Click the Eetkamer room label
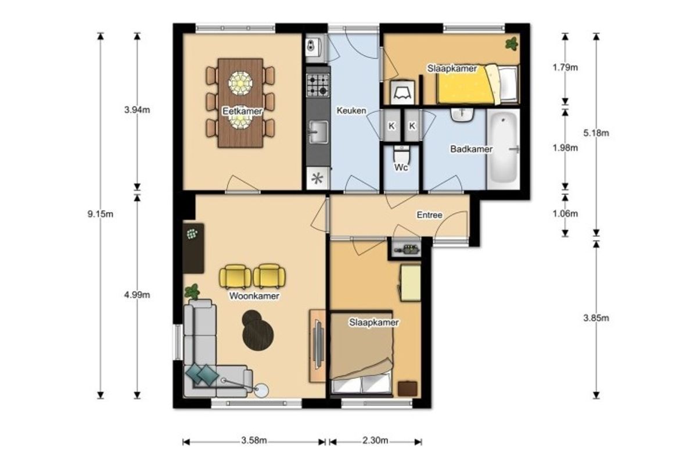242,111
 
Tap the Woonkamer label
254,296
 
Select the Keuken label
351,110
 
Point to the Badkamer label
471,149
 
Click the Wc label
401,167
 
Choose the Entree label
429,215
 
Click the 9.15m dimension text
100,214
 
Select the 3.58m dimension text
254,441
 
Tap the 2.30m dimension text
375,441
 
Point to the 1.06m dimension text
565,214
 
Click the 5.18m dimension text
596,133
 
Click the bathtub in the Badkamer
503,149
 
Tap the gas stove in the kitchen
318,85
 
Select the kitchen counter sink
318,133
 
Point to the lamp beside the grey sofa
261,391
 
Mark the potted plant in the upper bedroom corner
512,44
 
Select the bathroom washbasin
462,115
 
